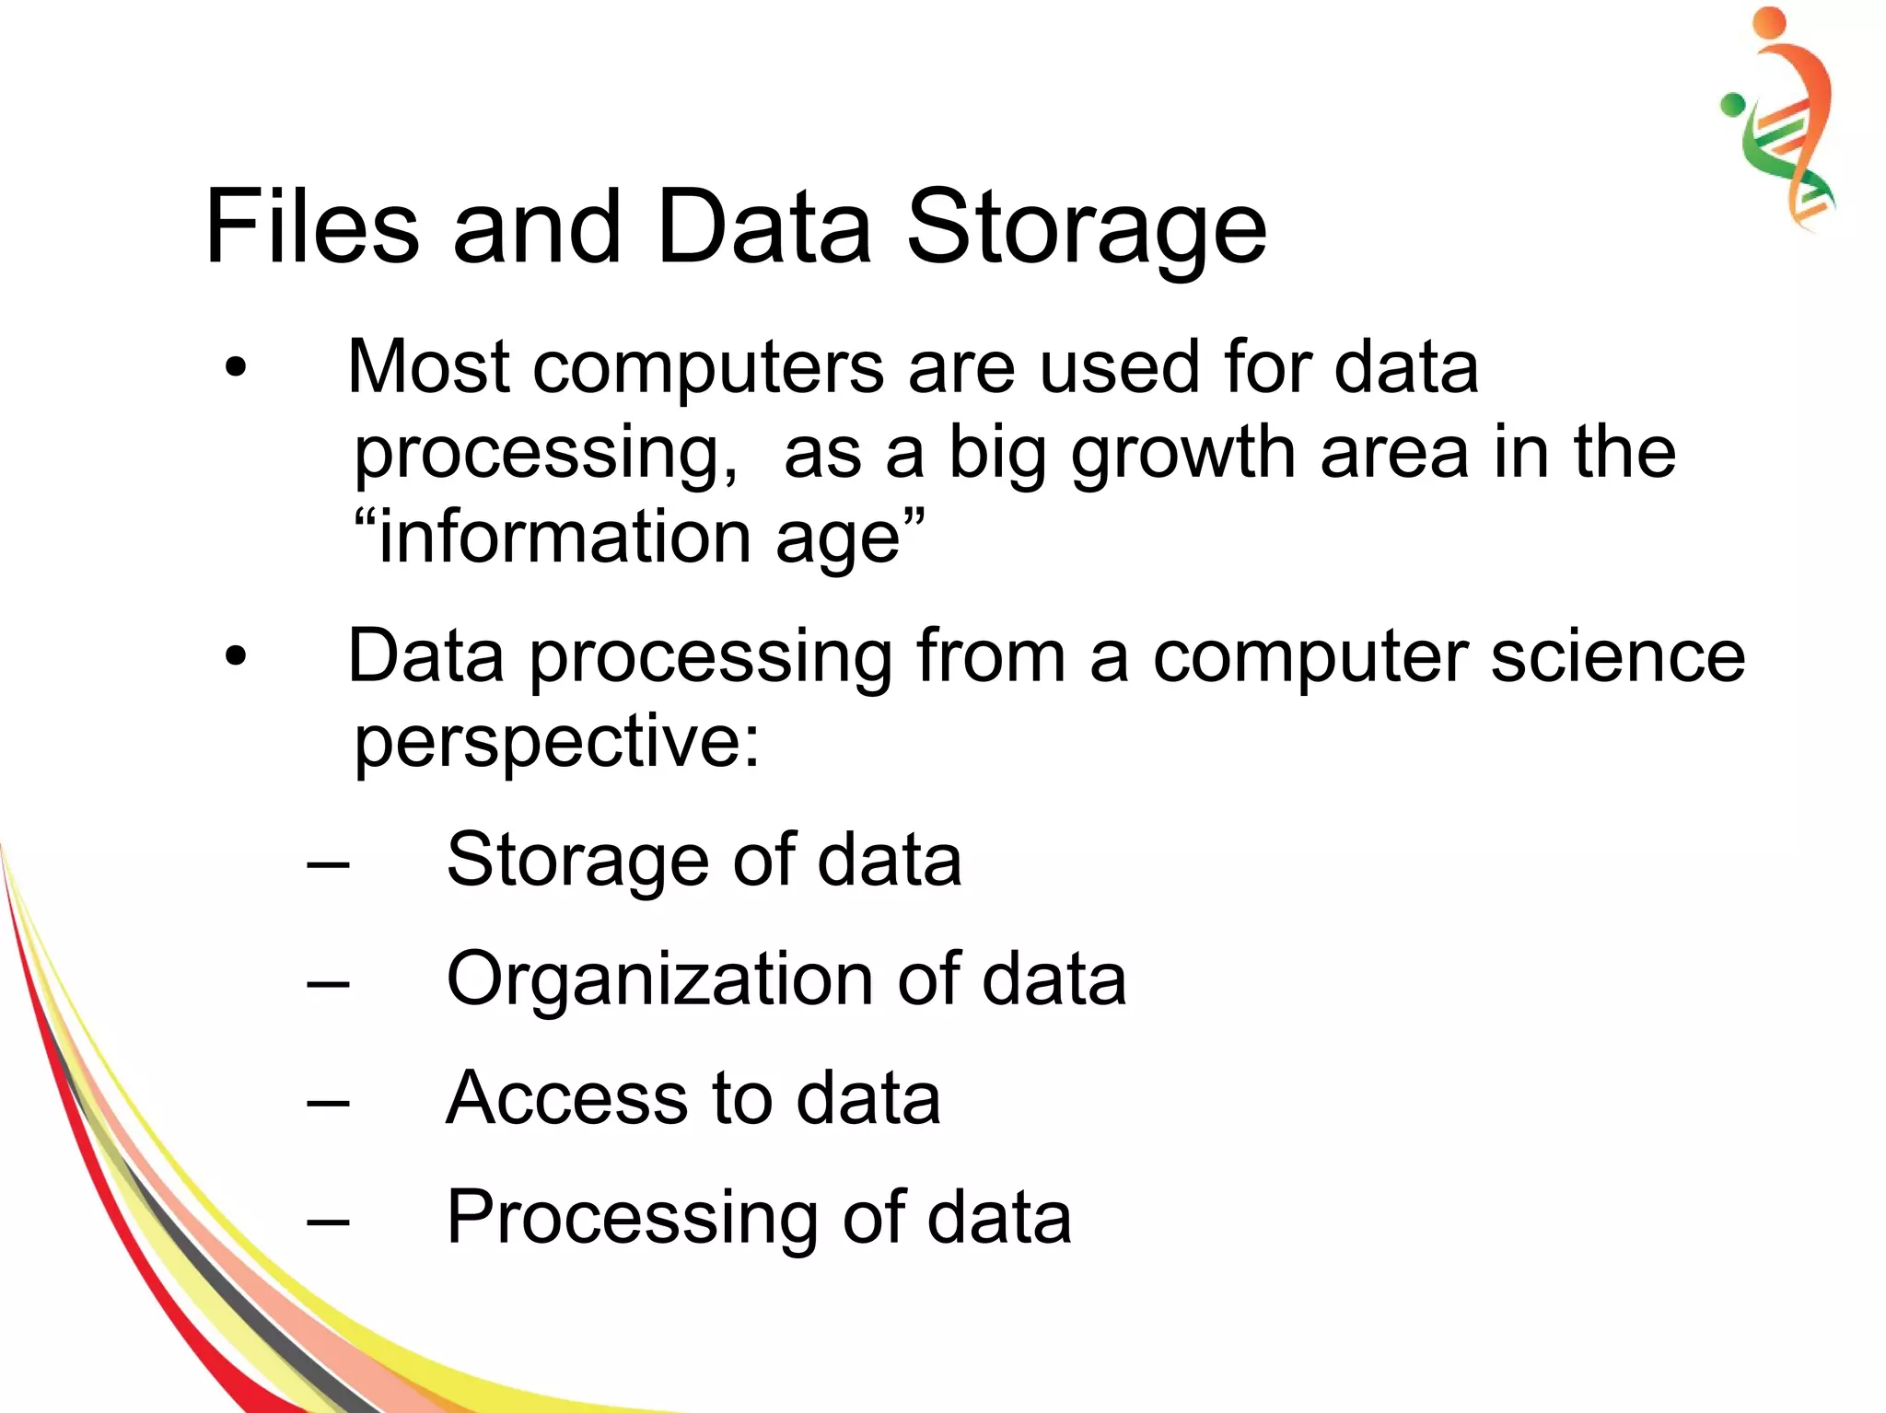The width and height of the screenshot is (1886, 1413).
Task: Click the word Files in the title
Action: (x=311, y=227)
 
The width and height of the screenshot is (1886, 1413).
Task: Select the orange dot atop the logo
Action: (x=1769, y=23)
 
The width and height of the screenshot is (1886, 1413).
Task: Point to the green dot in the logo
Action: (x=1733, y=105)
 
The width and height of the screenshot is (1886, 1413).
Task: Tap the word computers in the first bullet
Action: (x=709, y=368)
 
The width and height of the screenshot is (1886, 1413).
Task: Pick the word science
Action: (x=1617, y=657)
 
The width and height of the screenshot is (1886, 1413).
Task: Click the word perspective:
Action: (x=557, y=742)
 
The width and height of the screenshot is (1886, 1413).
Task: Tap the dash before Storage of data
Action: (x=329, y=865)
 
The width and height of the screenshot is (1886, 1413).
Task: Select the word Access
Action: (x=565, y=1098)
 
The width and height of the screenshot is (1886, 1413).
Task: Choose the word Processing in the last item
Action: (x=632, y=1219)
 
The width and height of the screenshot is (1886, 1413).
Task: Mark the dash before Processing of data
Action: (x=329, y=1222)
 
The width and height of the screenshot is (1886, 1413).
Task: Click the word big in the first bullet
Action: (x=996, y=454)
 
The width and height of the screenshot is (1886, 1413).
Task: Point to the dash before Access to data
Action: (x=329, y=1103)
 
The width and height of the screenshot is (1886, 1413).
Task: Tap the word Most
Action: (x=428, y=368)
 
